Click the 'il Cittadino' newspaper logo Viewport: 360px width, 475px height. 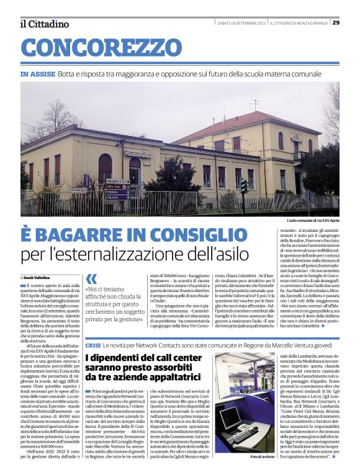tap(45, 24)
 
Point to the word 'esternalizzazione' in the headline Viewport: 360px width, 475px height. tap(155, 254)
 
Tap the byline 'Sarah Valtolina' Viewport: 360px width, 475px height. tap(40, 277)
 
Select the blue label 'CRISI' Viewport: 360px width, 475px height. tap(93, 345)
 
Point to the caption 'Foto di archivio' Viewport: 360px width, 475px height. tap(264, 457)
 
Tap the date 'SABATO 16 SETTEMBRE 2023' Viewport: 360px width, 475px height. tap(241, 23)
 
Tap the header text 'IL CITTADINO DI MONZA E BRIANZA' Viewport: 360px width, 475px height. tap(299, 23)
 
